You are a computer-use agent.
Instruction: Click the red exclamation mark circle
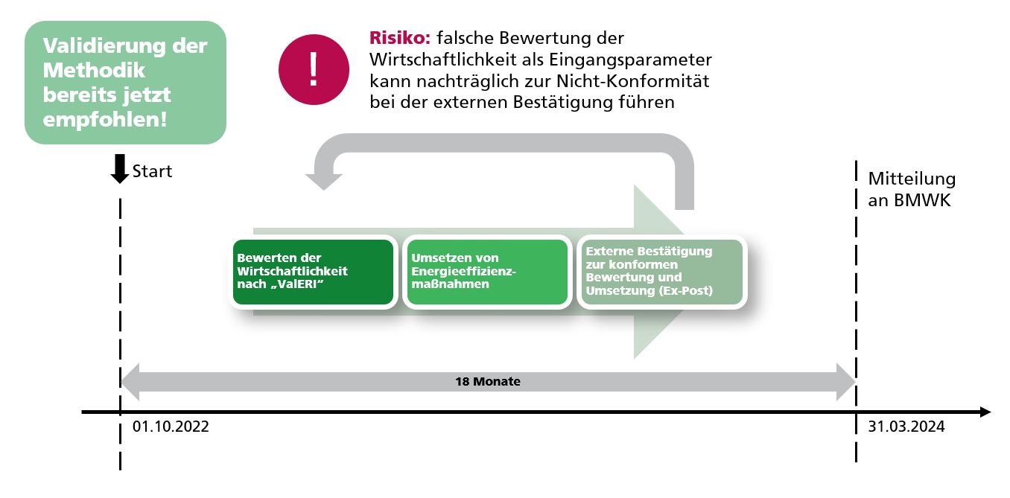pyautogui.click(x=314, y=70)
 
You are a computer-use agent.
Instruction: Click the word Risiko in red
pyautogui.click(x=400, y=38)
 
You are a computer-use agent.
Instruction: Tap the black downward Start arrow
pyautogui.click(x=119, y=168)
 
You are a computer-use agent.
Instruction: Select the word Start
pyautogui.click(x=152, y=171)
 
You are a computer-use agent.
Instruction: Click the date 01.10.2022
pyautogui.click(x=171, y=427)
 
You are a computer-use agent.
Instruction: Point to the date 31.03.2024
pyautogui.click(x=906, y=427)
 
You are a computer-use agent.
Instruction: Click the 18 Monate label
pyautogui.click(x=488, y=382)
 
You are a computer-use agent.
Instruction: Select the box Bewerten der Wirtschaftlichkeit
pyautogui.click(x=313, y=272)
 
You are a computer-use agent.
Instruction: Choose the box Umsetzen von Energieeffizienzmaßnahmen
pyautogui.click(x=487, y=272)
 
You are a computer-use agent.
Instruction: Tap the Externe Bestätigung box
pyautogui.click(x=662, y=272)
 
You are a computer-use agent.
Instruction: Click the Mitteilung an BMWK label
pyautogui.click(x=912, y=189)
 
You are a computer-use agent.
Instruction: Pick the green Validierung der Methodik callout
pyautogui.click(x=125, y=83)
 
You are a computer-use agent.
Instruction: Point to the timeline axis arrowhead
pyautogui.click(x=985, y=412)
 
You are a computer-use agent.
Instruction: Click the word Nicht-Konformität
pyautogui.click(x=633, y=81)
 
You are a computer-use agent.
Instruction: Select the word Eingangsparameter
pyautogui.click(x=630, y=60)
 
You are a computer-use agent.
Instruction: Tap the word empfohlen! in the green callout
pyautogui.click(x=105, y=120)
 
